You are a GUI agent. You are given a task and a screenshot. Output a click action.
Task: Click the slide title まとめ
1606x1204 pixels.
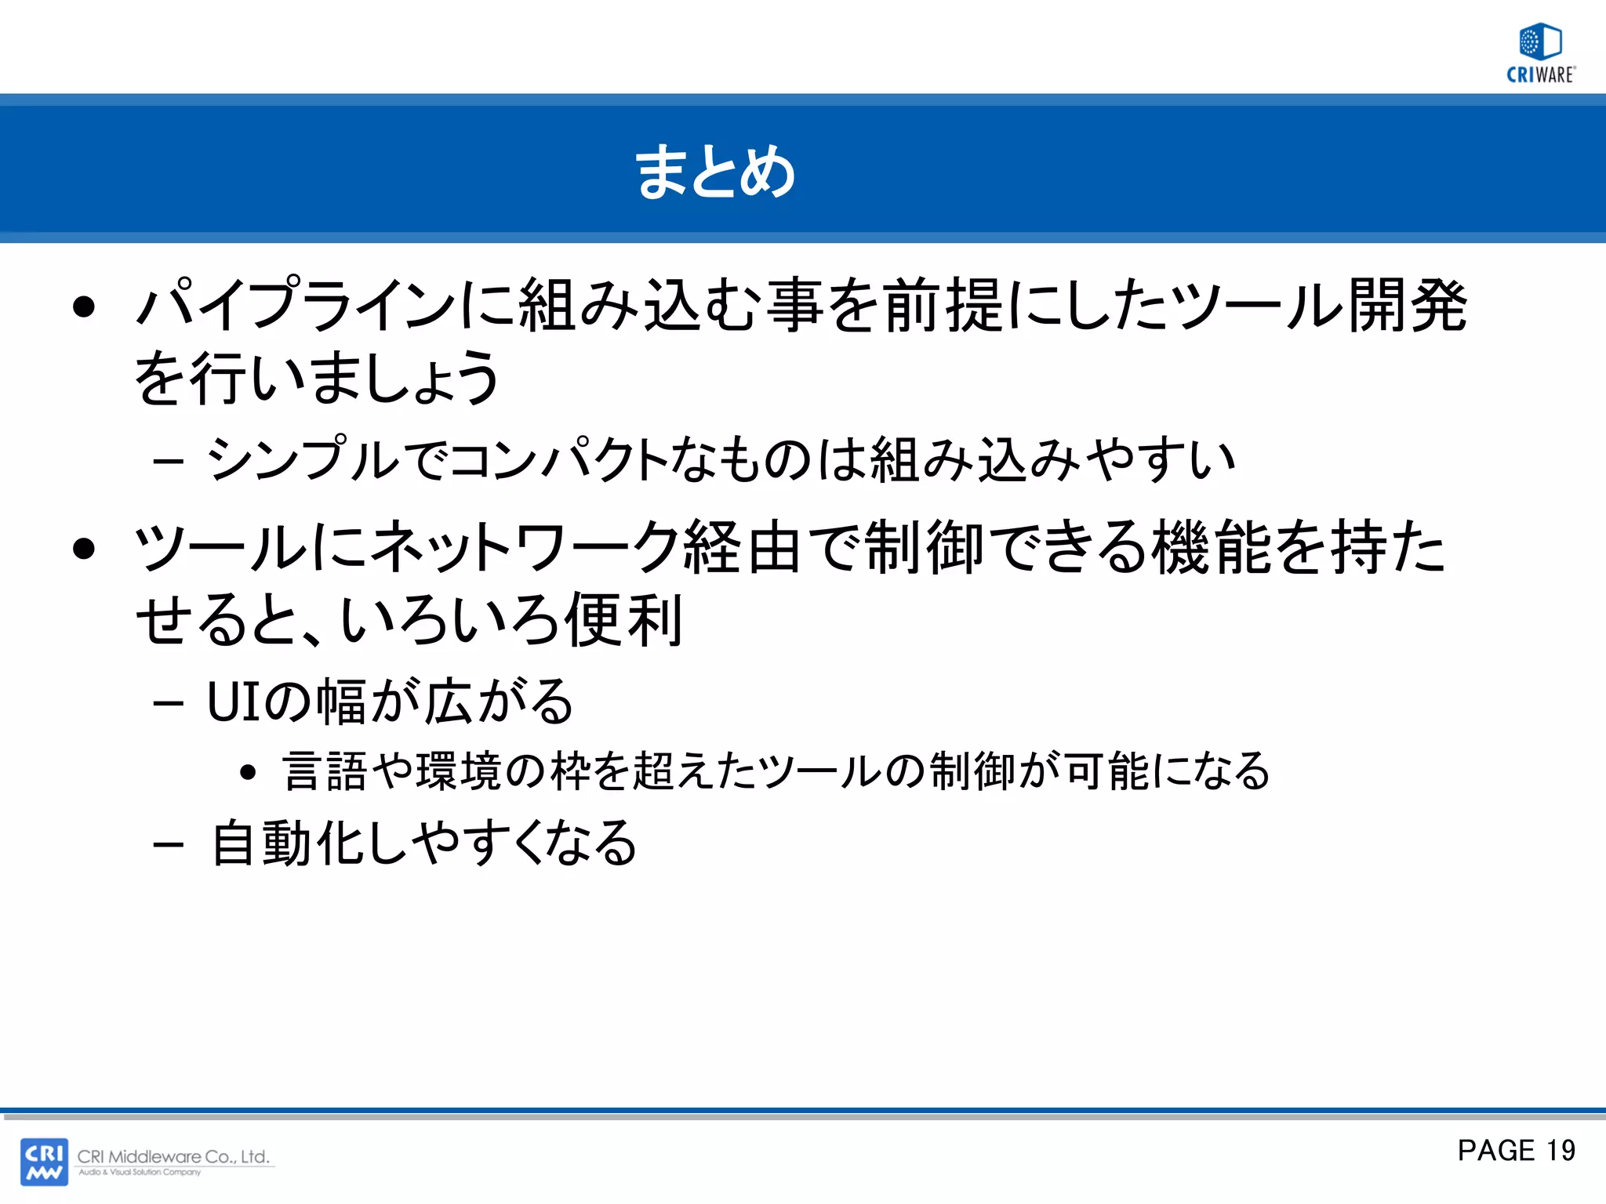click(715, 172)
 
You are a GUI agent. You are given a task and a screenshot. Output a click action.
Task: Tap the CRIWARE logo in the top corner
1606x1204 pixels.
click(1540, 53)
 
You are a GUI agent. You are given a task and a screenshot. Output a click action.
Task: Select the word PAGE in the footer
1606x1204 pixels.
click(1495, 1150)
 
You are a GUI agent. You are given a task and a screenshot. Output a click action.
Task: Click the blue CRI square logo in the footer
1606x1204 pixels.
click(44, 1161)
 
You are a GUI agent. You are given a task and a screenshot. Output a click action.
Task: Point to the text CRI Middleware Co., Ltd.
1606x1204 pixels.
click(173, 1156)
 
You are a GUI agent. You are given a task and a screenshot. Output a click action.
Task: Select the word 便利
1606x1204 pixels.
click(623, 620)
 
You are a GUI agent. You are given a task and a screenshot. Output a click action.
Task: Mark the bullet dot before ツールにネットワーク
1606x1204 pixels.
click(83, 548)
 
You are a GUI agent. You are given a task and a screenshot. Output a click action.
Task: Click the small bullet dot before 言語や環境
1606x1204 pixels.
click(249, 773)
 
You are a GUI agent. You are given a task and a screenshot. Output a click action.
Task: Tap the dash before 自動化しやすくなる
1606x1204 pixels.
click(169, 845)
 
